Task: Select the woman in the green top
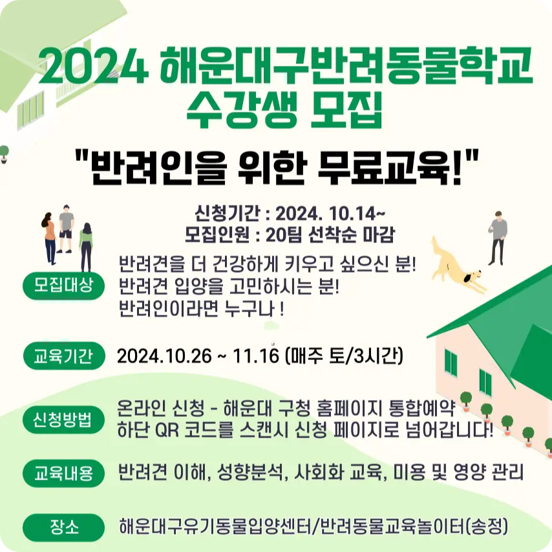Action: tap(86, 246)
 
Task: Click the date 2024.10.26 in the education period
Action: tap(164, 356)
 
